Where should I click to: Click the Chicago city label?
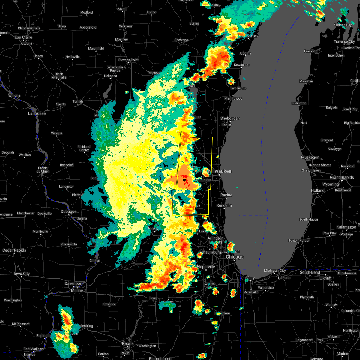235,257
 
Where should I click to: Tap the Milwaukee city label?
221,171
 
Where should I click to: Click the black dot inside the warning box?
184,180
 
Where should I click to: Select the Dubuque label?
69,211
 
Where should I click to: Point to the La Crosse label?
37,113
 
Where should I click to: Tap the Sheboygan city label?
230,118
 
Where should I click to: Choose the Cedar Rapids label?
14,250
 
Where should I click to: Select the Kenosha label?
224,205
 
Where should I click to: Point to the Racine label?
226,195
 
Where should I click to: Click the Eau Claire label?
23,37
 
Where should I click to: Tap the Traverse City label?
344,41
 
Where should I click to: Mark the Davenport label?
73,283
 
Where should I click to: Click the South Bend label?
310,272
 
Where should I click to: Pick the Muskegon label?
310,157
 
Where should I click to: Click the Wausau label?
125,26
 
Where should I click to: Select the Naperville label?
206,267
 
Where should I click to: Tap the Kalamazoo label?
347,227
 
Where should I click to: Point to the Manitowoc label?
233,98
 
